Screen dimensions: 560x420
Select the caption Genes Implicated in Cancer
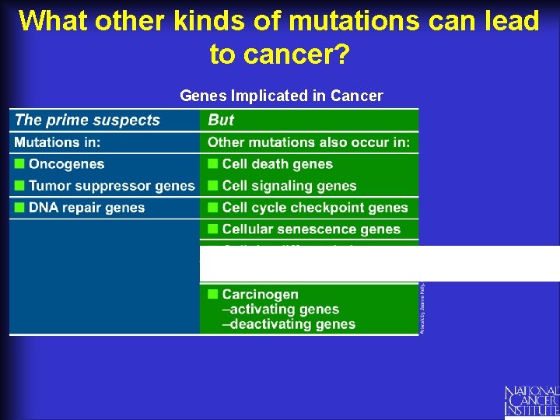tap(281, 96)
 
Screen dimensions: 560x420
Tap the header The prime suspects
tap(87, 120)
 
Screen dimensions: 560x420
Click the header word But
tap(221, 120)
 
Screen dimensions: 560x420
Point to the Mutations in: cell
tap(58, 142)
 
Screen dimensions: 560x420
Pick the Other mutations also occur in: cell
tap(308, 142)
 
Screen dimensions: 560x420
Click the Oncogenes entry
tap(66, 164)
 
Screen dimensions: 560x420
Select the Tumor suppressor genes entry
tap(111, 186)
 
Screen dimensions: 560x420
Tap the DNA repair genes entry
tap(86, 208)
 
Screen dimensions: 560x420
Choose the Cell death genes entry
tap(277, 164)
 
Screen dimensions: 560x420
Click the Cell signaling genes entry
tap(289, 186)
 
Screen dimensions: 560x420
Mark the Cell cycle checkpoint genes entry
tap(314, 208)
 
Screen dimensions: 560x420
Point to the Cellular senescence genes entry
tap(311, 229)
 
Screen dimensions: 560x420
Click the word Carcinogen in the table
tap(260, 294)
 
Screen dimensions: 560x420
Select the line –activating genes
tap(281, 310)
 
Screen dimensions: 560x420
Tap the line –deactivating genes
tap(289, 324)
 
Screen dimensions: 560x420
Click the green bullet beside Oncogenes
tap(19, 164)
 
